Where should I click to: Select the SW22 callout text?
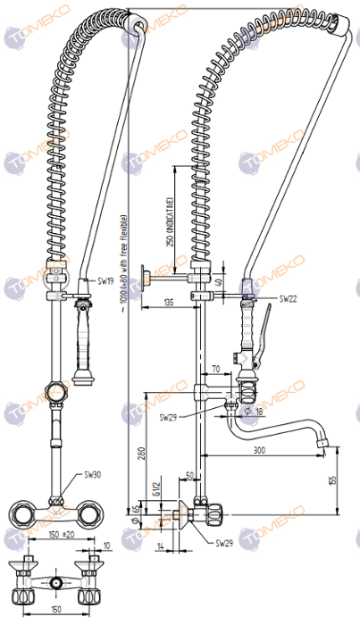289,297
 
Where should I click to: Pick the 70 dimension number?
215,367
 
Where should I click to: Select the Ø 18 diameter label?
253,411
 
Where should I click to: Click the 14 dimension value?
161,544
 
